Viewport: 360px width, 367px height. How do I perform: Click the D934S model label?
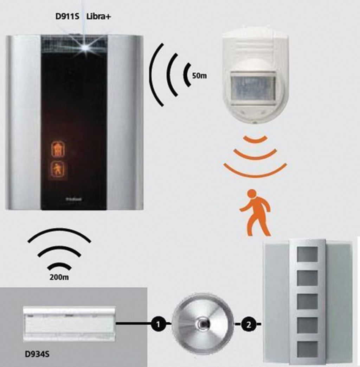pyautogui.click(x=38, y=353)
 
